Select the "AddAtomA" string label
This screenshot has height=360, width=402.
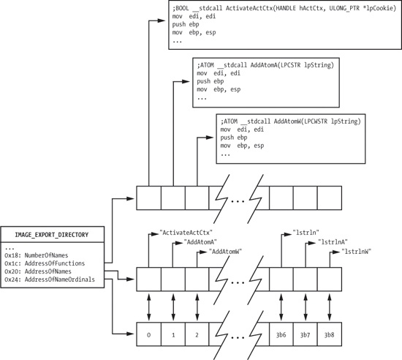[x=203, y=241]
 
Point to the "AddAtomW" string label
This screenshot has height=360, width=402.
[x=226, y=251]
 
